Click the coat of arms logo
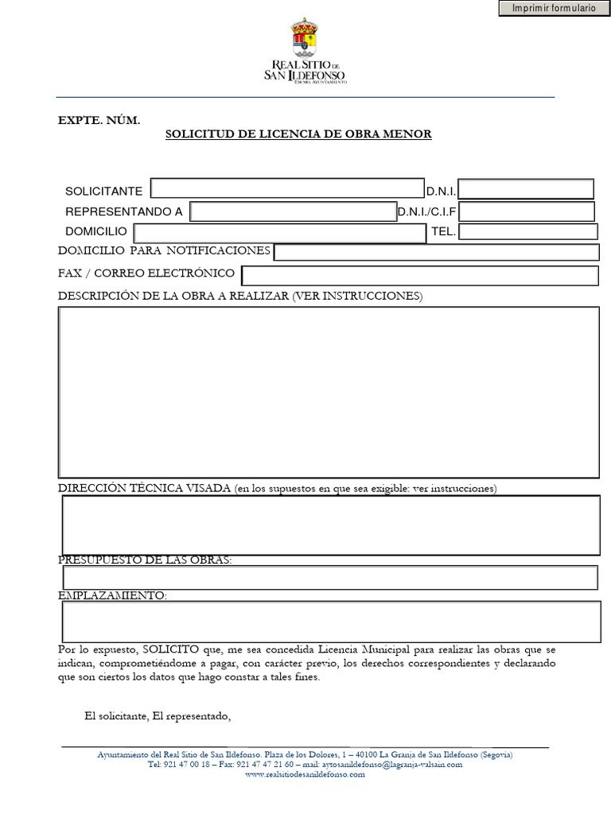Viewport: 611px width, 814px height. pos(305,38)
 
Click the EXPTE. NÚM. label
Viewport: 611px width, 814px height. pos(99,120)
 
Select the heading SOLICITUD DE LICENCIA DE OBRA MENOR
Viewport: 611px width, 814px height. pos(298,134)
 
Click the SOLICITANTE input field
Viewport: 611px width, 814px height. pos(287,188)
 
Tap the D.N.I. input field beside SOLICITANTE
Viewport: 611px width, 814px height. pos(526,189)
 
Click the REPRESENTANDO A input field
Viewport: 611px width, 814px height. pos(292,211)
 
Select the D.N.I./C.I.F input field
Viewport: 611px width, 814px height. pos(527,211)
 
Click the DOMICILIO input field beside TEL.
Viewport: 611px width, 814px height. pos(280,233)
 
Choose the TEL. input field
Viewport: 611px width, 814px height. pos(528,232)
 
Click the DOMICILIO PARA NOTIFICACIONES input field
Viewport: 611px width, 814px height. pos(437,252)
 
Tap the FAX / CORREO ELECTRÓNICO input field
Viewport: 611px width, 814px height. pos(420,275)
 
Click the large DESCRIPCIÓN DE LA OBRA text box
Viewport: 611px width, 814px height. pos(329,392)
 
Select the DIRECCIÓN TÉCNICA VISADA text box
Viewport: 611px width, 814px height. pos(331,525)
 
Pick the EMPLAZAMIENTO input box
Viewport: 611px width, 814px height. pos(331,622)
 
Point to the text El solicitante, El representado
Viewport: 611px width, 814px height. pos(158,716)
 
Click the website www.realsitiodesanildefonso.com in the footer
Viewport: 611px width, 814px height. pos(305,774)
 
